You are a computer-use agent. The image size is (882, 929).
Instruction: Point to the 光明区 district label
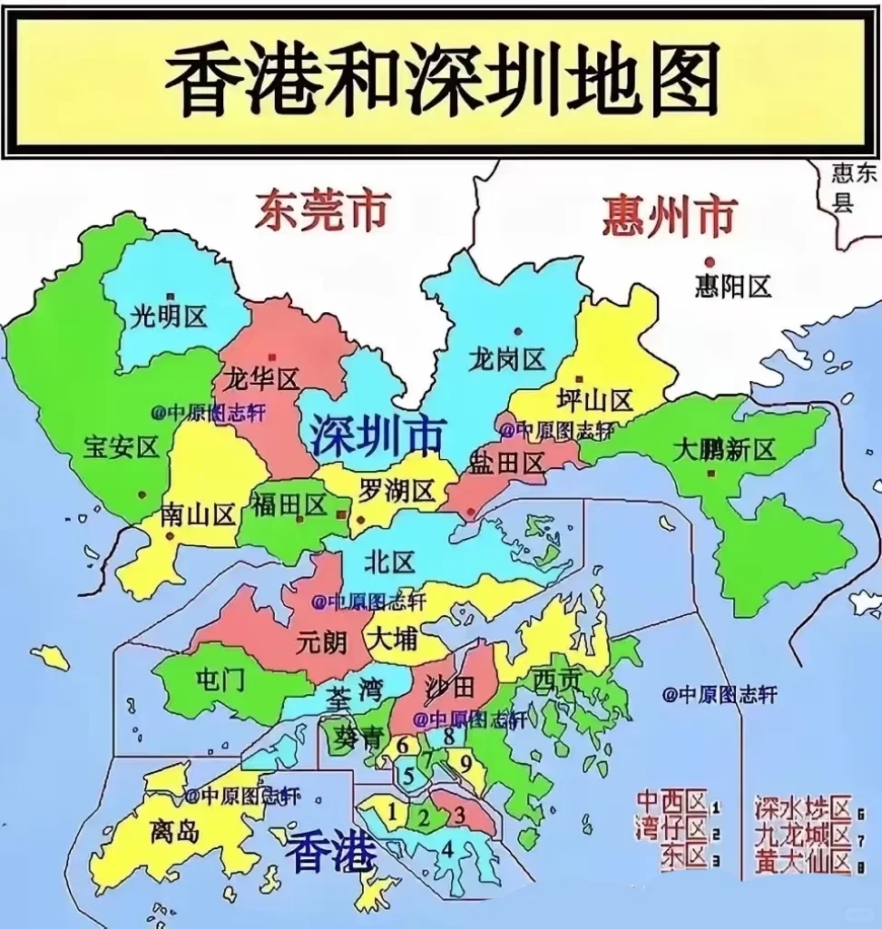(x=170, y=317)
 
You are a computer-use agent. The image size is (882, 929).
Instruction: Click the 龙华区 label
(x=261, y=378)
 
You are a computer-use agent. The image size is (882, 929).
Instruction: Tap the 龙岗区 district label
(x=507, y=359)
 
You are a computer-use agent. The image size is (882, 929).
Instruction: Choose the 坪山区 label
(x=594, y=400)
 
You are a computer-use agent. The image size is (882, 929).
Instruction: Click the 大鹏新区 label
(x=725, y=449)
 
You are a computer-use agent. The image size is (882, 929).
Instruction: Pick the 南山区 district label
(x=198, y=515)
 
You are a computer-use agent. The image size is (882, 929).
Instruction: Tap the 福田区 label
(x=289, y=504)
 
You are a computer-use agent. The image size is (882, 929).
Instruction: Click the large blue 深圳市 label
(x=377, y=436)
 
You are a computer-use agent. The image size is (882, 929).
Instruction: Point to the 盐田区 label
(x=506, y=464)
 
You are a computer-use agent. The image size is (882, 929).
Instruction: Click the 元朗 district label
(x=321, y=641)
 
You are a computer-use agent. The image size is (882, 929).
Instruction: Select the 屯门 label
(x=220, y=680)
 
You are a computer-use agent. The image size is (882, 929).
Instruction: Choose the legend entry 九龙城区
(x=803, y=834)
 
